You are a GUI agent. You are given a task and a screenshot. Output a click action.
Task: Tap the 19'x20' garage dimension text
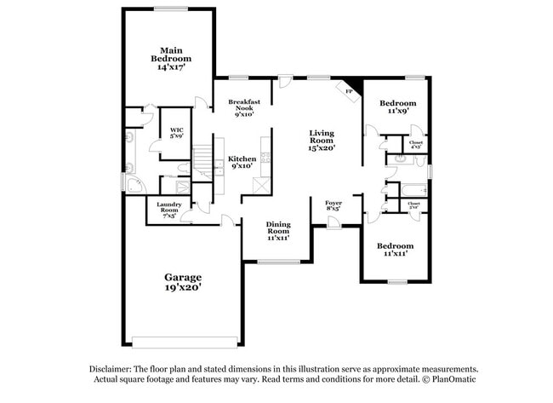[x=183, y=289]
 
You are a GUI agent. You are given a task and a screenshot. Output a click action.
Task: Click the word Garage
[x=183, y=278]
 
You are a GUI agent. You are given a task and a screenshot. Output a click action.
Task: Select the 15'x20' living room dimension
[x=322, y=148]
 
